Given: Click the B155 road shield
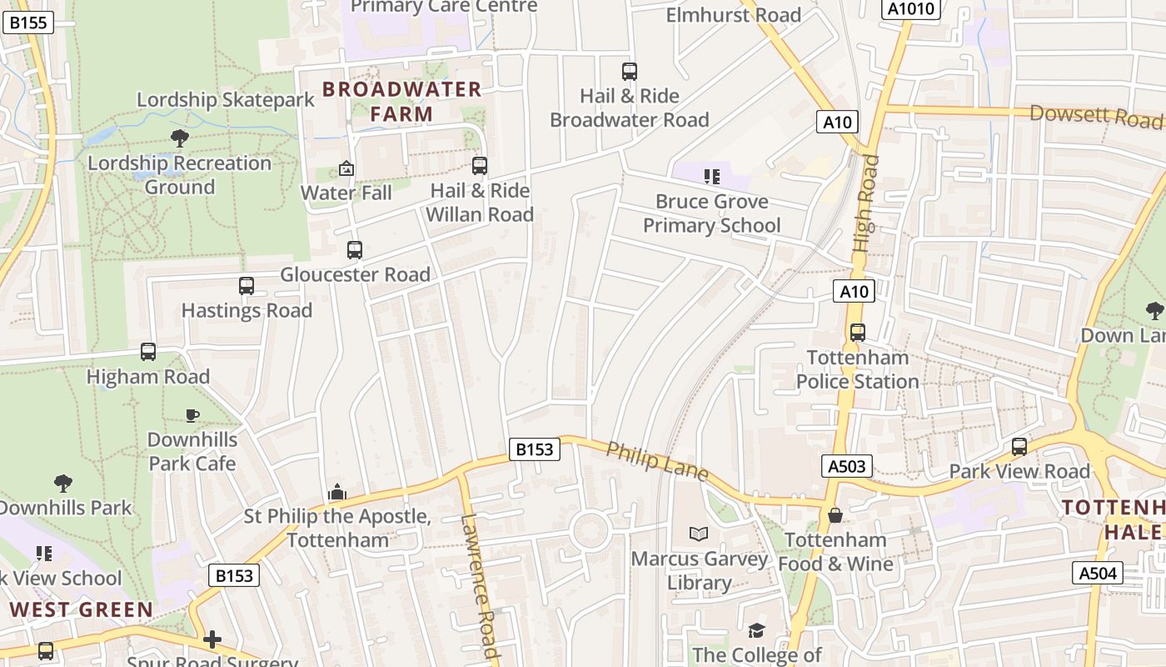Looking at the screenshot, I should (x=28, y=23).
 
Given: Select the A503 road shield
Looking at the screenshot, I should (x=847, y=466).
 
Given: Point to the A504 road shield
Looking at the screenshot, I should (x=1097, y=573).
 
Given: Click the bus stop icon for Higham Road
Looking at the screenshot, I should (x=148, y=352).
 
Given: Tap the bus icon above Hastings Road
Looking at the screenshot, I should (x=246, y=286).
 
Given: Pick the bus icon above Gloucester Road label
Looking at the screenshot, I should (x=354, y=249).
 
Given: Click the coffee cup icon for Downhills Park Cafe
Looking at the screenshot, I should (x=192, y=415).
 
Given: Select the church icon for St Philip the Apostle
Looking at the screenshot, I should (x=337, y=492).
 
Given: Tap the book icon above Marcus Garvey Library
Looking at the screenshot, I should (x=699, y=534).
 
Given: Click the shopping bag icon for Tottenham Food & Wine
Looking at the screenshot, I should (x=835, y=515).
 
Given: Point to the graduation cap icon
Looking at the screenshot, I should (x=756, y=630).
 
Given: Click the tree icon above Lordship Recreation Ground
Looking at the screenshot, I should (x=179, y=138).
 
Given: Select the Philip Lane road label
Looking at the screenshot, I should (x=657, y=461).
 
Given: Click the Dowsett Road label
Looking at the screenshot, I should (x=1095, y=116).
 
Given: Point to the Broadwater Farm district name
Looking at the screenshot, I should (x=401, y=101).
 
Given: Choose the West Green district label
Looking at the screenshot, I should (x=82, y=609).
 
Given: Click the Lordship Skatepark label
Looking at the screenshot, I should (x=226, y=100).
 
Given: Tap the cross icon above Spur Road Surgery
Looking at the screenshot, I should (x=212, y=639).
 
